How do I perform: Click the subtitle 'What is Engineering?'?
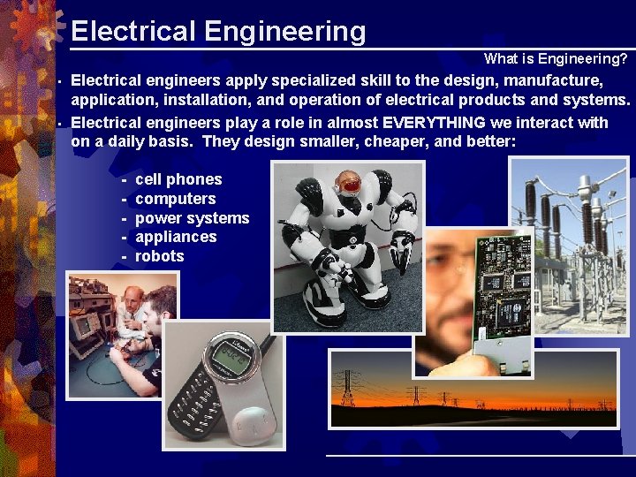pyautogui.click(x=556, y=59)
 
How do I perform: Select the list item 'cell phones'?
pyautogui.click(x=178, y=179)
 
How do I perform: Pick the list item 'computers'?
pyautogui.click(x=175, y=199)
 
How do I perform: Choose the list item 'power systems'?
pyautogui.click(x=192, y=218)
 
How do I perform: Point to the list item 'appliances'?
pyautogui.click(x=176, y=237)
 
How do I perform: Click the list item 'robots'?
pyautogui.click(x=160, y=256)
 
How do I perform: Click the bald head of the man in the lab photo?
pyautogui.click(x=132, y=295)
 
